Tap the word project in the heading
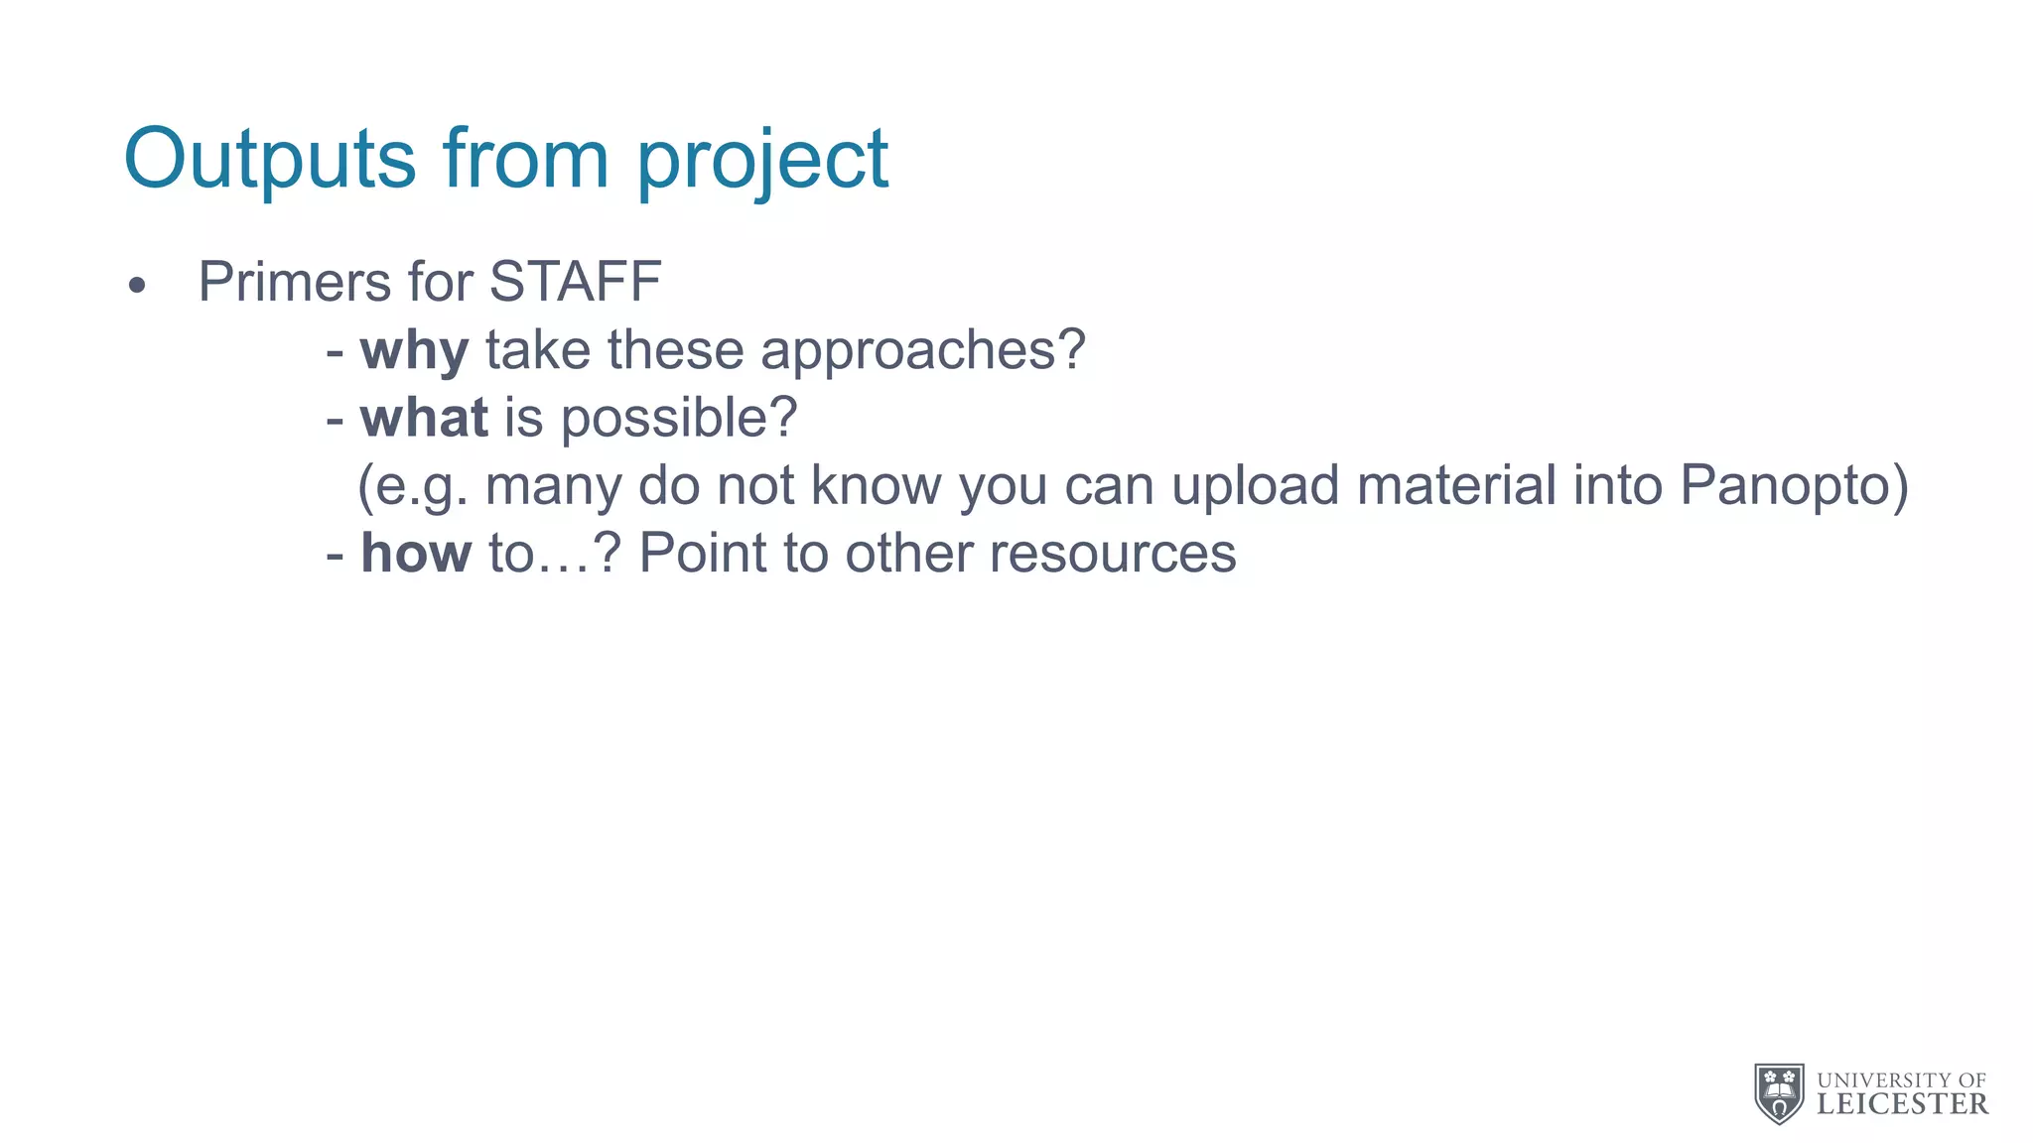(761, 161)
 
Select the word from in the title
(525, 159)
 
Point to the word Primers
(295, 282)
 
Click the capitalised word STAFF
(576, 282)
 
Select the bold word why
(414, 351)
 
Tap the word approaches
(922, 351)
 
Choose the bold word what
(424, 418)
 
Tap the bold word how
(416, 553)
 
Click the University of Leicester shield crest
(1780, 1093)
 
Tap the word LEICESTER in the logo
(1903, 1104)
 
